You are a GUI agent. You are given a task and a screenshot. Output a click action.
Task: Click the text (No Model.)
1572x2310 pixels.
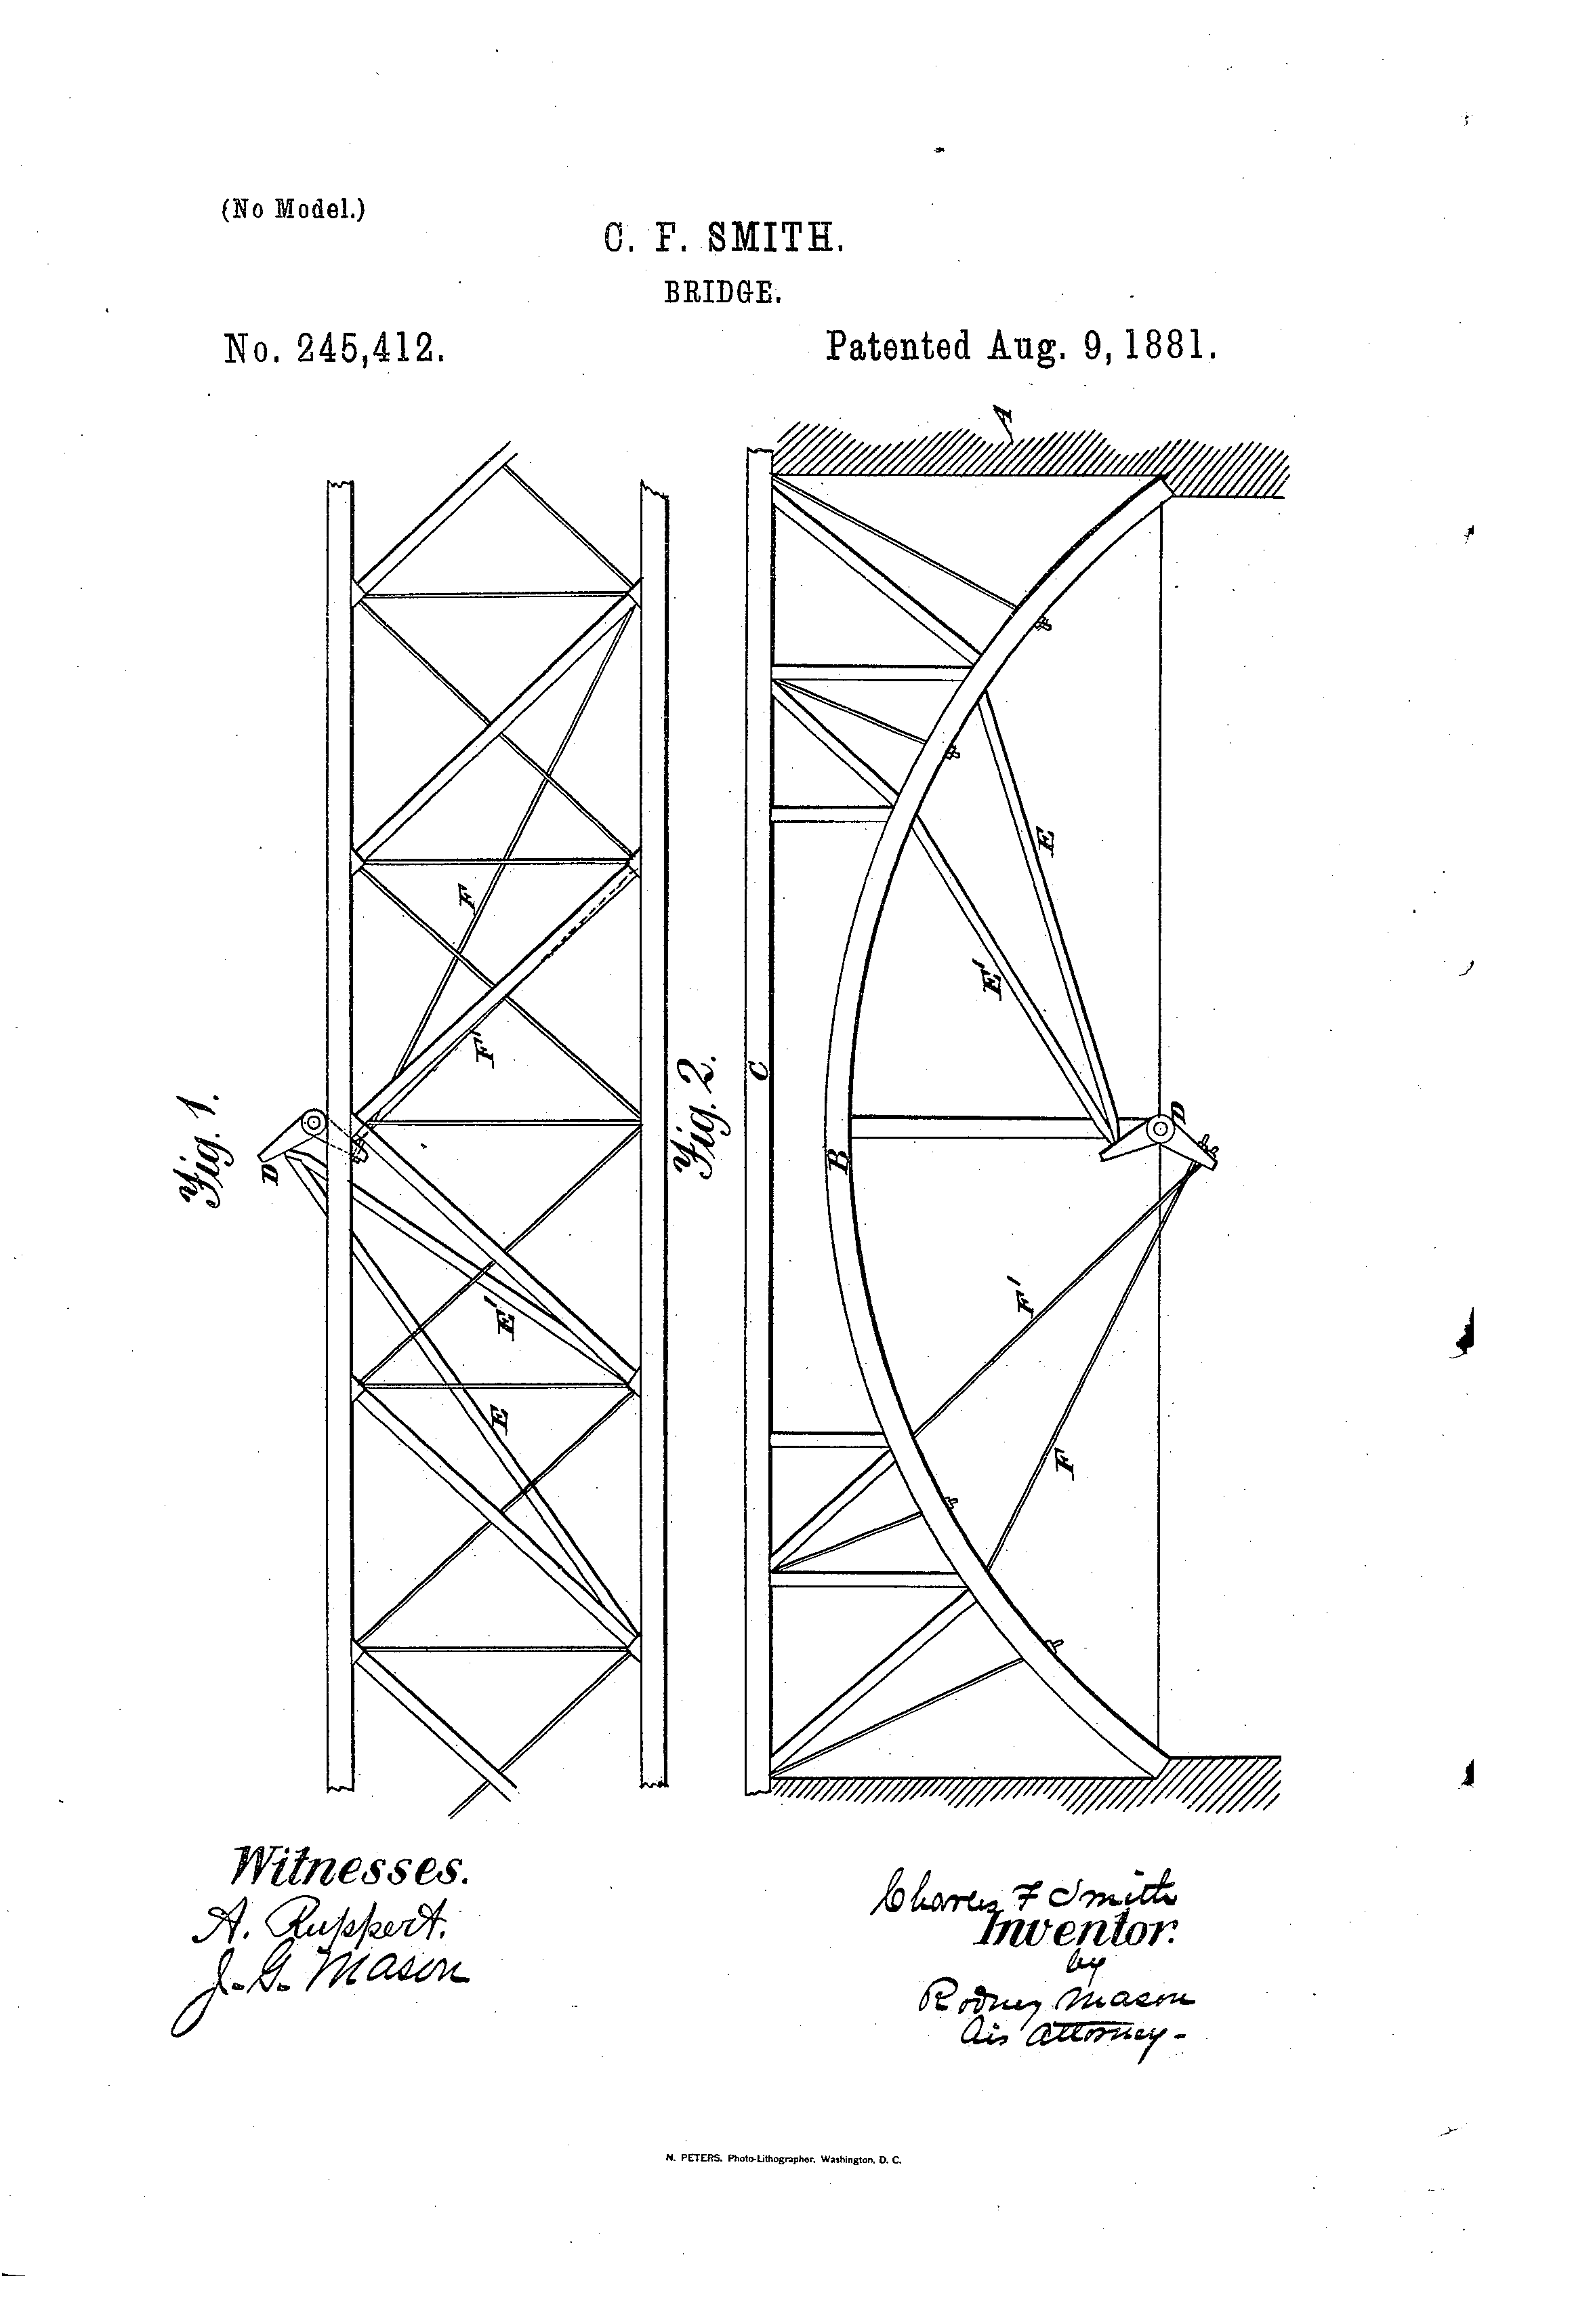(x=293, y=209)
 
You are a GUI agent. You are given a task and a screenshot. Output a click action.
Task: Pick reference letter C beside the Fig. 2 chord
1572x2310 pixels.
(x=759, y=1070)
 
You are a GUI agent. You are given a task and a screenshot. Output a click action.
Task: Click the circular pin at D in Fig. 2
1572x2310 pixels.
(x=1159, y=1130)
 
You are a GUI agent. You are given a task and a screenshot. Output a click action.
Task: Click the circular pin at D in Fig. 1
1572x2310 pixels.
(x=313, y=1123)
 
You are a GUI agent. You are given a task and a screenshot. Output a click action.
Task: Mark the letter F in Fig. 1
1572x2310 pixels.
(x=467, y=899)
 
